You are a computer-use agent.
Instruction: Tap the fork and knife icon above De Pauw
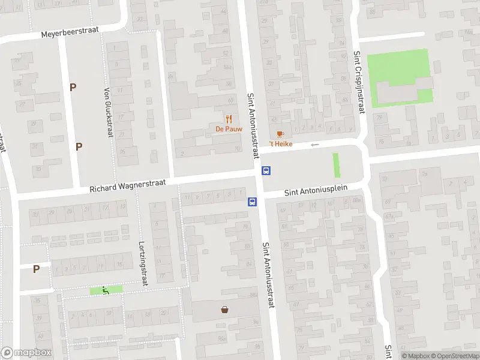click(x=229, y=118)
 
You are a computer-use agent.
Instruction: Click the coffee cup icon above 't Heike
click(x=279, y=134)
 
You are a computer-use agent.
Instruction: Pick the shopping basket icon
click(x=224, y=310)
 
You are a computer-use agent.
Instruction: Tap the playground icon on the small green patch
click(x=106, y=290)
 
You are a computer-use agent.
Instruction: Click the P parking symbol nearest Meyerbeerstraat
click(x=73, y=87)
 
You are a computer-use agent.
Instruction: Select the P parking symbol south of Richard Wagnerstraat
click(x=36, y=269)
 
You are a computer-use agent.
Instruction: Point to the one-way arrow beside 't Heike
click(x=314, y=145)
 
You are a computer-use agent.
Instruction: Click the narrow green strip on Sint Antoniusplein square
click(x=336, y=165)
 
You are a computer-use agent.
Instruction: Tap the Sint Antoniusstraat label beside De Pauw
click(x=253, y=126)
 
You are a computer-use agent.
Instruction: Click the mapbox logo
click(x=26, y=353)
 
